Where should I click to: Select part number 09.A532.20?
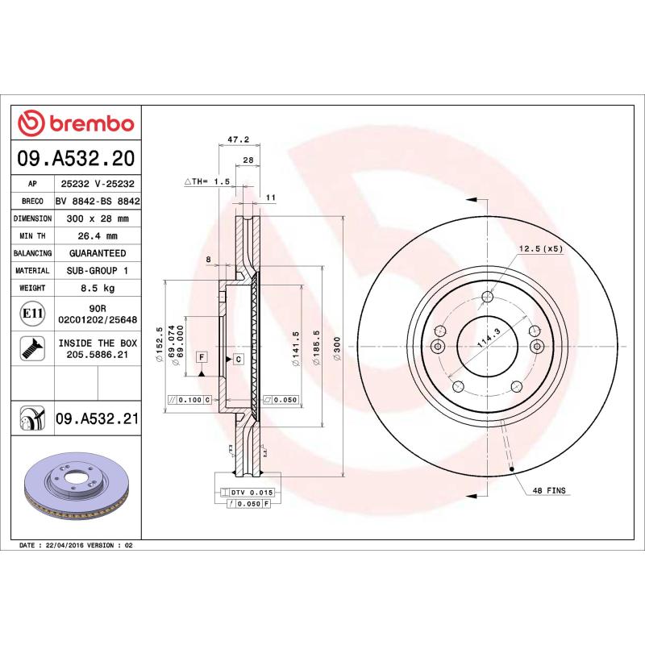[77, 158]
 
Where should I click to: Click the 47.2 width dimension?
[237, 139]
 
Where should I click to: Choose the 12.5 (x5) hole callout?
[540, 248]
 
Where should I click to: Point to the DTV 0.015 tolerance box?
[252, 491]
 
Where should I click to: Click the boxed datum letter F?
[201, 356]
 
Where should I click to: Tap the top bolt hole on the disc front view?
[486, 297]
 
